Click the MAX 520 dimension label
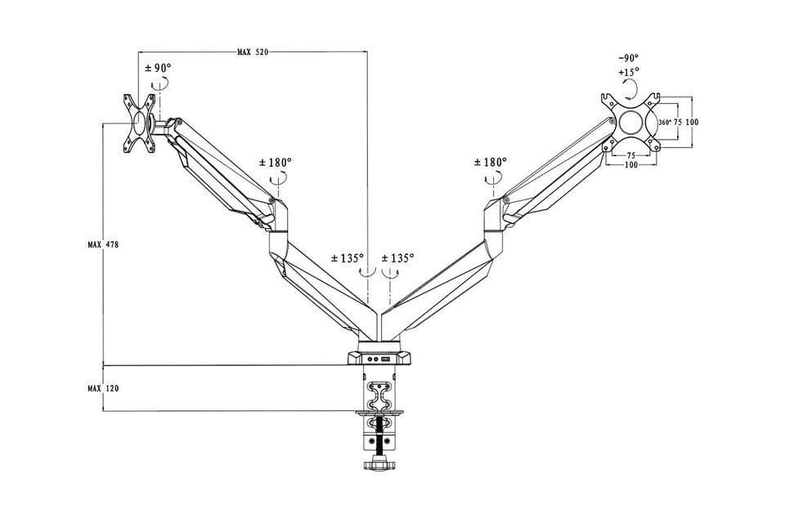click(x=252, y=52)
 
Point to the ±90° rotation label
click(x=158, y=68)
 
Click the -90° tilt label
click(x=628, y=58)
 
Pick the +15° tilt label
click(x=628, y=72)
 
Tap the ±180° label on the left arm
click(x=276, y=163)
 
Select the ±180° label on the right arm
click(x=491, y=163)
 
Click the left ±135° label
click(x=348, y=258)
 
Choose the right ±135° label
click(x=397, y=258)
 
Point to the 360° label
click(x=664, y=122)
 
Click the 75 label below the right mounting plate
click(x=631, y=155)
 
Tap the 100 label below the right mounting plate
click(x=631, y=166)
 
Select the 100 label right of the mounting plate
click(x=692, y=122)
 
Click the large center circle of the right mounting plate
click(x=632, y=123)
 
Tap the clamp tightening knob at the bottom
click(x=379, y=463)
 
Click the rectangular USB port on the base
click(x=386, y=357)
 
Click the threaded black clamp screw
click(x=379, y=437)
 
